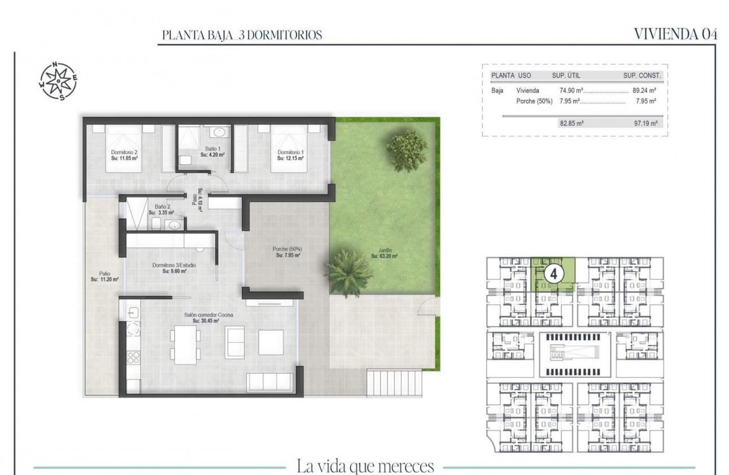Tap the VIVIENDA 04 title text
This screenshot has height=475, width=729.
point(675,34)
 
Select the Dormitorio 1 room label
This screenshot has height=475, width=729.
point(291,154)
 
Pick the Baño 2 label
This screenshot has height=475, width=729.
point(162,210)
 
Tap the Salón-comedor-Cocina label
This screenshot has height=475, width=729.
point(205,318)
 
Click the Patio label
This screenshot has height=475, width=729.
point(104,276)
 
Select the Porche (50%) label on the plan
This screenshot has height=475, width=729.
point(287,252)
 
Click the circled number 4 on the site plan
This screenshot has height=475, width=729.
point(554,274)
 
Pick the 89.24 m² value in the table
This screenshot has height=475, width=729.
point(644,90)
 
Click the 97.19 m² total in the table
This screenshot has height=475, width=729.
point(645,123)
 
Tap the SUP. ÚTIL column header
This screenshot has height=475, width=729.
point(566,75)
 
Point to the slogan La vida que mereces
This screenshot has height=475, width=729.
point(365,467)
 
